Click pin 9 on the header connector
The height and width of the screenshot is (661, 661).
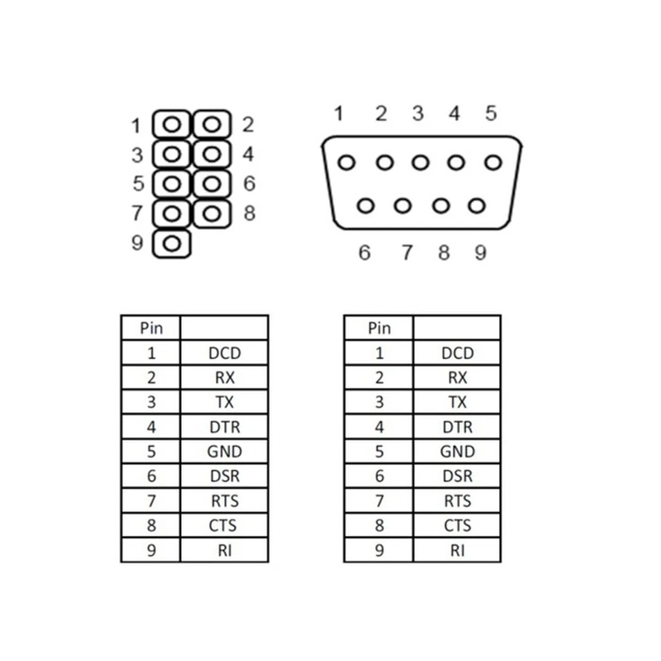point(172,244)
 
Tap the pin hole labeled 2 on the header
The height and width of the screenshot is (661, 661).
point(212,124)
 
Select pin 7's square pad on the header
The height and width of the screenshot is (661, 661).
point(172,214)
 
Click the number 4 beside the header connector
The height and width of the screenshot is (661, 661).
point(249,154)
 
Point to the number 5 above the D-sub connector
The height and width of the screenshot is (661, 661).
point(490,113)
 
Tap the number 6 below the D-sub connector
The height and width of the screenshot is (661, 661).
point(365,253)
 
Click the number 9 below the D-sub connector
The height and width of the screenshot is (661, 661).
point(481,253)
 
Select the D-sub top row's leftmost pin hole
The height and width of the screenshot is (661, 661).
point(346,163)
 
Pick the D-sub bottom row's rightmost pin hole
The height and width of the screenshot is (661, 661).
point(477,206)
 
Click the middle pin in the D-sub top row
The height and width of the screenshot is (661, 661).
point(420,163)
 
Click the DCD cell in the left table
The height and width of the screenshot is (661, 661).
point(225,353)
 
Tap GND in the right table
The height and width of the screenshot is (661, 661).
point(457,451)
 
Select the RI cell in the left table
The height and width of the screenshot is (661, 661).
point(225,550)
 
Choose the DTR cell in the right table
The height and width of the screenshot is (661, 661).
point(457,427)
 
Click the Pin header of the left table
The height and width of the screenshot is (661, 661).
point(151,328)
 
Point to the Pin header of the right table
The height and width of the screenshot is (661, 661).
point(379,328)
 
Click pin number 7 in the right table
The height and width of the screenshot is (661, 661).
point(379,501)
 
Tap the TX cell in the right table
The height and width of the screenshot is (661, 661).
point(457,402)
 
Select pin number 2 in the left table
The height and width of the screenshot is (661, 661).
point(151,377)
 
